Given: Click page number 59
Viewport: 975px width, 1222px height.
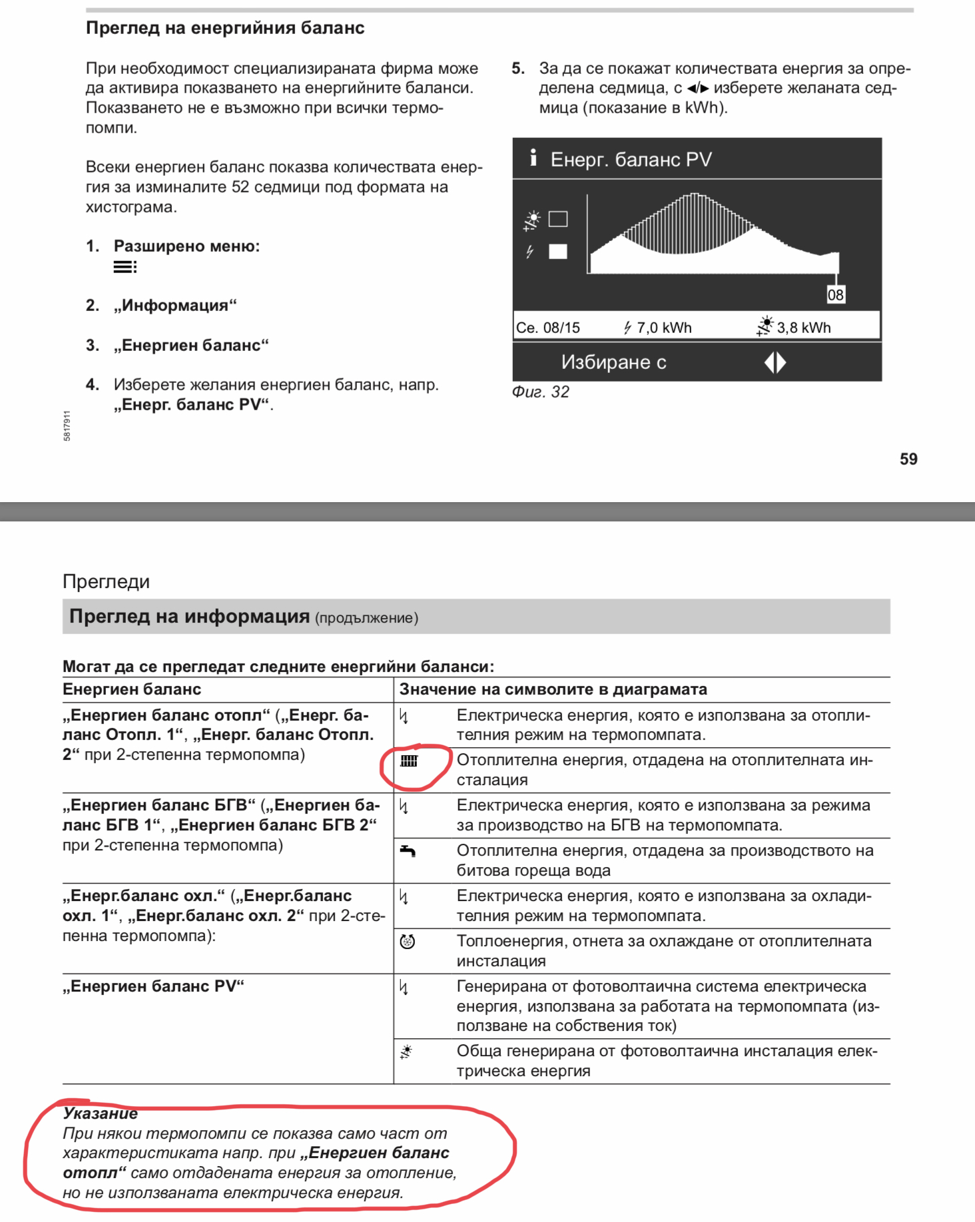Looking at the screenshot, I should [908, 459].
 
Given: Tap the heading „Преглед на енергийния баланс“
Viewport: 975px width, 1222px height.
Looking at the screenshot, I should [225, 28].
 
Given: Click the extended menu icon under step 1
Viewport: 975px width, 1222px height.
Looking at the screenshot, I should [125, 267].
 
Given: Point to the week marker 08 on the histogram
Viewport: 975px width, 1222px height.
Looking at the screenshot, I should [835, 294].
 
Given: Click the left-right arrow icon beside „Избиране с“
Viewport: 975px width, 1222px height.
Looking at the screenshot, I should [775, 362].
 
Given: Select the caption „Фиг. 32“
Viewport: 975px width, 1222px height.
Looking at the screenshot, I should [540, 392].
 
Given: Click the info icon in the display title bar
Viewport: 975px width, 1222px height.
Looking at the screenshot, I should [533, 158].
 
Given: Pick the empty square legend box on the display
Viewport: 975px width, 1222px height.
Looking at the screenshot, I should [557, 218].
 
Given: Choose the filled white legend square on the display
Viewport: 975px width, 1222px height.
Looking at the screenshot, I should [557, 251].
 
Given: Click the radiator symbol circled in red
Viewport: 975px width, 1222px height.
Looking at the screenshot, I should [409, 761].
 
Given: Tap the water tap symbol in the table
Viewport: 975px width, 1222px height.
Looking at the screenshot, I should [408, 850].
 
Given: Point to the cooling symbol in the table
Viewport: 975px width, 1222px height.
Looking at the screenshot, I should [407, 941].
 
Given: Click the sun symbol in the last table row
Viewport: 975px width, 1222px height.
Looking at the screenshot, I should [406, 1052].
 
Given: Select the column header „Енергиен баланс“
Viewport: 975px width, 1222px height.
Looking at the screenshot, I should [132, 689].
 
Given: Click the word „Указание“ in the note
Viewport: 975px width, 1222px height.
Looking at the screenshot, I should [100, 1113].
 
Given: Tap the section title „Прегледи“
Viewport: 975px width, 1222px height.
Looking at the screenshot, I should [106, 581].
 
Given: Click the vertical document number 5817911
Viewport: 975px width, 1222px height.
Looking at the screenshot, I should [67, 426].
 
